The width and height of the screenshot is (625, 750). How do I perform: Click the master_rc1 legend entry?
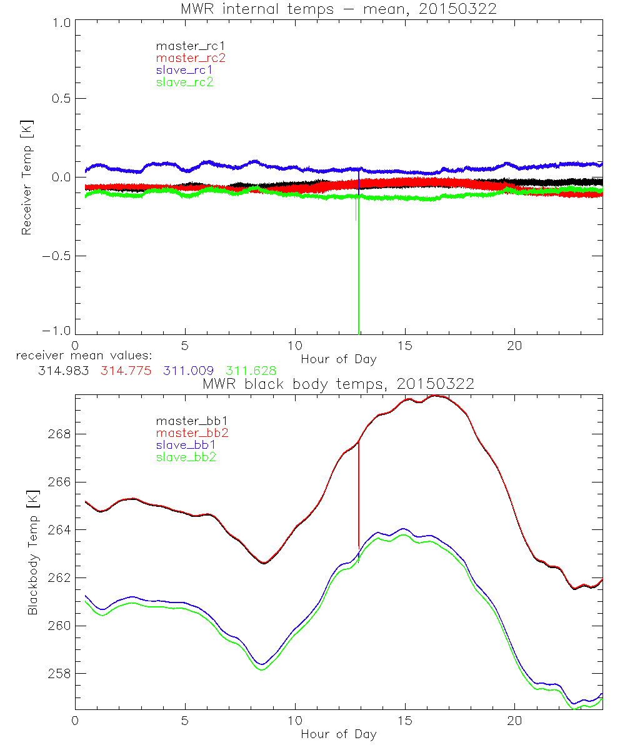point(185,46)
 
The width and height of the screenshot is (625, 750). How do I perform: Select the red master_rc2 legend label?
point(190,57)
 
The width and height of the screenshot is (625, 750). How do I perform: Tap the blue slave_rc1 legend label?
point(185,69)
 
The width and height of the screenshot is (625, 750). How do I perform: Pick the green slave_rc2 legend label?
point(185,81)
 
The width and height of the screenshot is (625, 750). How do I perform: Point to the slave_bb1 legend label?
point(185,445)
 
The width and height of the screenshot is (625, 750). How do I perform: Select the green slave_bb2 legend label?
point(185,457)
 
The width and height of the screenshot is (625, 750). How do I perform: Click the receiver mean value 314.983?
point(63,371)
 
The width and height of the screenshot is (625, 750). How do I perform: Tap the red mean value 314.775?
point(126,371)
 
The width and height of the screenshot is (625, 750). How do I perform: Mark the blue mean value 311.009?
point(188,371)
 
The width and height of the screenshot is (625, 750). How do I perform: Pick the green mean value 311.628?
point(251,371)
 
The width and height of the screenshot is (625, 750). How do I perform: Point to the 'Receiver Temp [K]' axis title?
point(26,177)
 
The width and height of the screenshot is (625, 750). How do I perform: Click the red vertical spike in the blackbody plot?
point(359,494)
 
